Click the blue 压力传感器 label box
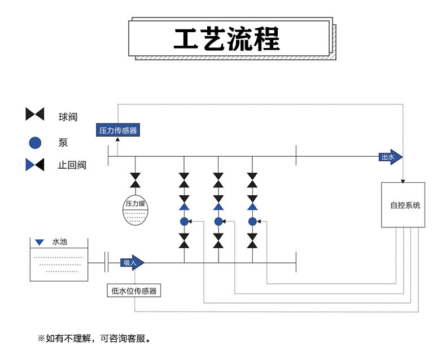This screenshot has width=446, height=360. (117, 130)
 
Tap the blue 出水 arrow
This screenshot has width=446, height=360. (390, 157)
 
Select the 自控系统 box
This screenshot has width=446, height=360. (403, 205)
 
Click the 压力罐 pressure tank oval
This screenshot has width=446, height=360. (135, 210)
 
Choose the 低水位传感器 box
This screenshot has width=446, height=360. (134, 291)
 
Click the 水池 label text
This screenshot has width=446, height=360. (59, 242)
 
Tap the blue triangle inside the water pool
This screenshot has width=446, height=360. (39, 243)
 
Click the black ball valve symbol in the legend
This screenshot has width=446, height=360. (35, 114)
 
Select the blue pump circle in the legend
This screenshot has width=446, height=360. (35, 143)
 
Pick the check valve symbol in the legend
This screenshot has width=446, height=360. (35, 165)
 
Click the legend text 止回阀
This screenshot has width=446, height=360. (72, 165)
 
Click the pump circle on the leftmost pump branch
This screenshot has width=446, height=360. (184, 221)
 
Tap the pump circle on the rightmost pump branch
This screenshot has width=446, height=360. (252, 221)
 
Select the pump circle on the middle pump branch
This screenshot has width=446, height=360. (218, 221)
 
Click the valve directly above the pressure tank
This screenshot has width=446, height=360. (135, 181)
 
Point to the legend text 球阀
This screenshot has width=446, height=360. (67, 117)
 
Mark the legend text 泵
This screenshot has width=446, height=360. (63, 143)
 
